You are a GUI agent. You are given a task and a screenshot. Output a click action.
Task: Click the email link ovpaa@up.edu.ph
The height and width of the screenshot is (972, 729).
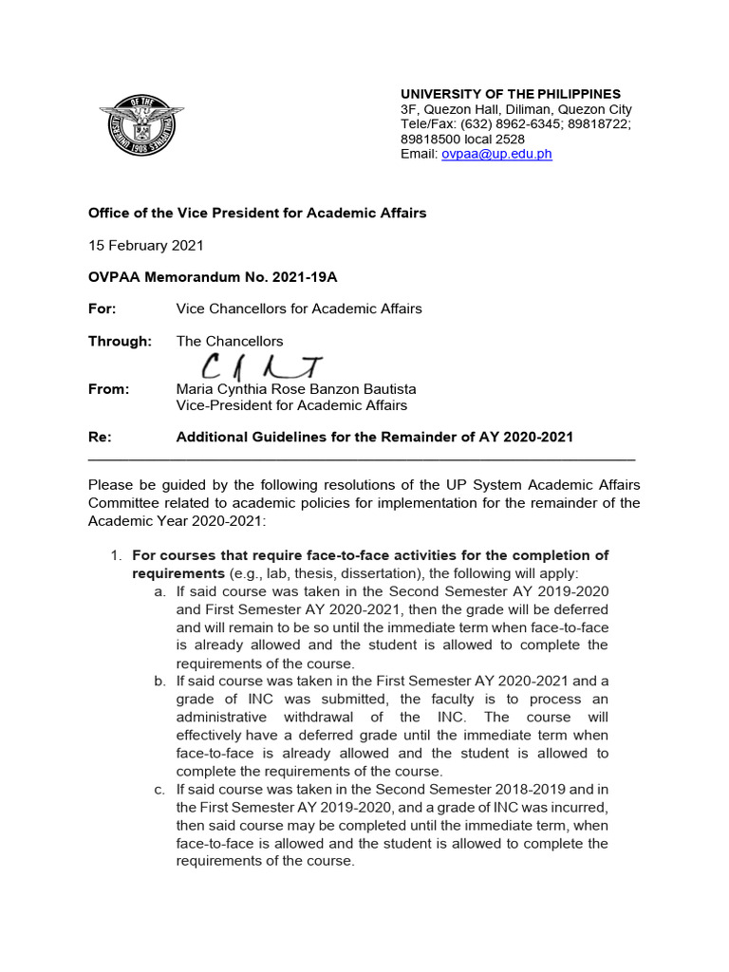[x=496, y=154]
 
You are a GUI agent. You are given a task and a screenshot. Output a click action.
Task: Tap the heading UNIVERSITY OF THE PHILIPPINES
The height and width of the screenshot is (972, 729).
[x=510, y=94]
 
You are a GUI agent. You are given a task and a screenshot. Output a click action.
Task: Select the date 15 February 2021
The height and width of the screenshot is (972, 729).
[x=145, y=245]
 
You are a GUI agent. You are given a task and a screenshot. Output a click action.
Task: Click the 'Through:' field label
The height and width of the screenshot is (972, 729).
[x=120, y=341]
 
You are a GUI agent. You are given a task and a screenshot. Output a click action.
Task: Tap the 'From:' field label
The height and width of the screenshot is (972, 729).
[x=108, y=389]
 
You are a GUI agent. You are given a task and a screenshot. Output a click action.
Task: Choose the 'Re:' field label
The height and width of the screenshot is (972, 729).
[x=100, y=437]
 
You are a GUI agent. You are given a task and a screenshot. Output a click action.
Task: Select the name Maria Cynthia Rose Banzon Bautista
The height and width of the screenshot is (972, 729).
[x=296, y=389]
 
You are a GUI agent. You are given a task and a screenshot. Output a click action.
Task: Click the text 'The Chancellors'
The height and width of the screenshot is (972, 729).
[x=230, y=341]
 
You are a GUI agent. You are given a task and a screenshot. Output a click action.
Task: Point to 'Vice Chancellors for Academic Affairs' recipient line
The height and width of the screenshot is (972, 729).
[x=299, y=308]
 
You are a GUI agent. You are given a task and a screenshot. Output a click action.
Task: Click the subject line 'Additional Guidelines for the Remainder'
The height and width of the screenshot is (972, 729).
[x=375, y=437]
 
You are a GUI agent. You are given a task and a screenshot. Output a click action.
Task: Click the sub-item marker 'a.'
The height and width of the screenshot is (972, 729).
[x=159, y=590]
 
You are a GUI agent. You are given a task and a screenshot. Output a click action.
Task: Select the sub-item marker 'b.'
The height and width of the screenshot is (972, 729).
[x=159, y=681]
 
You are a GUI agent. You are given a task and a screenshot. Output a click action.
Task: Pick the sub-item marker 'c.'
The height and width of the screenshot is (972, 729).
[x=159, y=789]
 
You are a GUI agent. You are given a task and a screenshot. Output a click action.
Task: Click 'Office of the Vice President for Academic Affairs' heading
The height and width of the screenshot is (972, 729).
[x=257, y=213]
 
